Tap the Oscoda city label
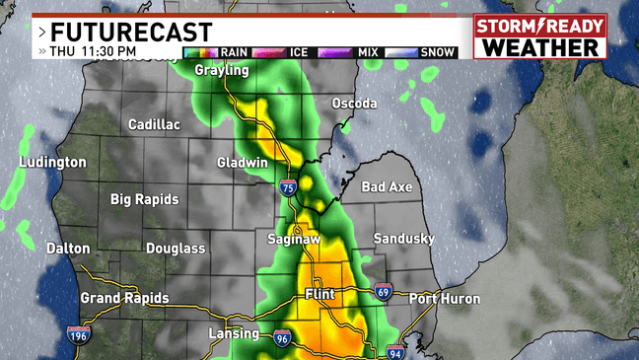point(356,104)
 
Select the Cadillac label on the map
point(155,125)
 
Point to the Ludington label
point(52,162)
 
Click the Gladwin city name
point(243,163)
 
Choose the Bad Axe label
point(387,186)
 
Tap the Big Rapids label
point(144,199)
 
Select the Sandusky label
point(404,239)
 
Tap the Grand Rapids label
point(124,298)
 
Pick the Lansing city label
point(233,334)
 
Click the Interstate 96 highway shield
point(283,338)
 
